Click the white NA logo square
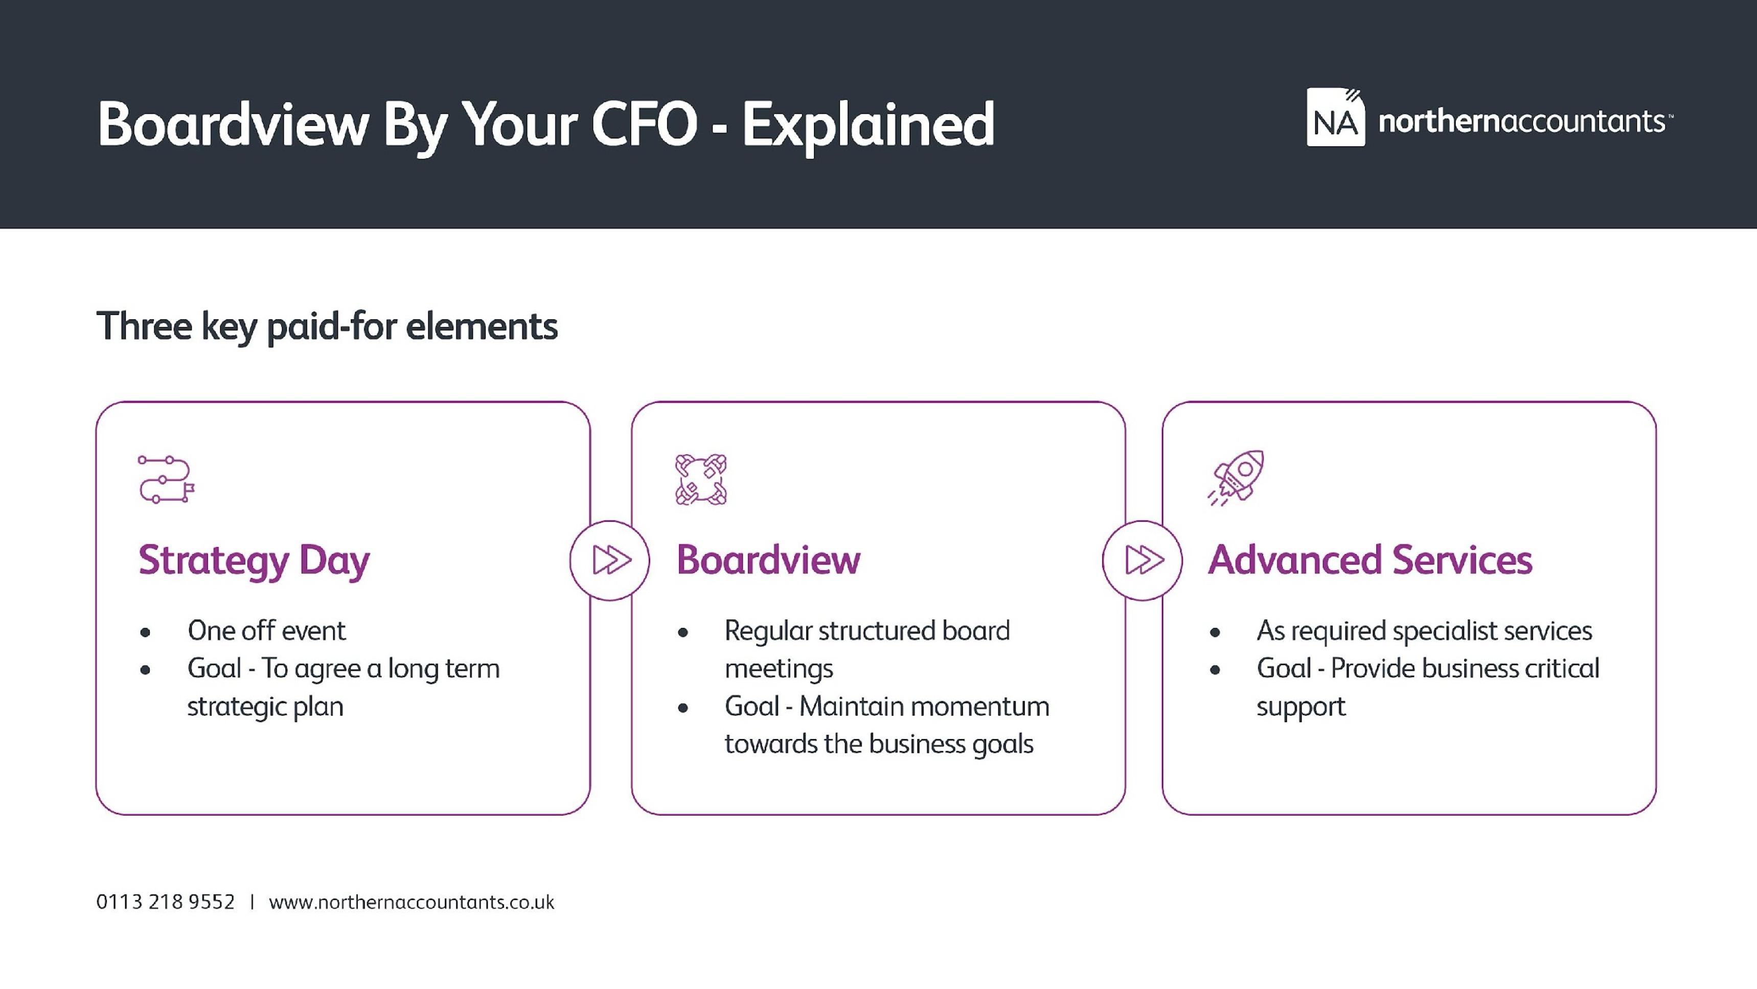click(x=1335, y=117)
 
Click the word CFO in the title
click(x=645, y=124)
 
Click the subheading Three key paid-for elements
click(x=327, y=326)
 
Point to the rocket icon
click(x=1236, y=478)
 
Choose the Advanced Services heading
click(x=1370, y=560)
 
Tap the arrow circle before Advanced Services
click(x=1143, y=560)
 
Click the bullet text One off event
click(x=267, y=631)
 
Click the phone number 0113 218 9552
click(x=165, y=903)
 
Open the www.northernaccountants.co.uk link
click(x=412, y=903)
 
